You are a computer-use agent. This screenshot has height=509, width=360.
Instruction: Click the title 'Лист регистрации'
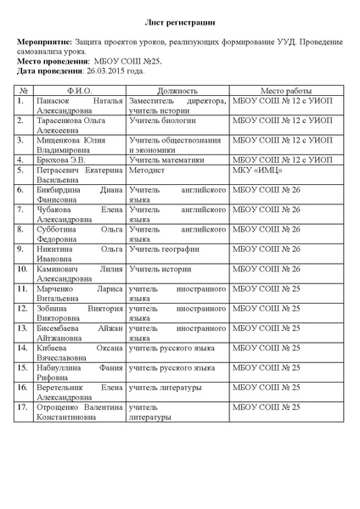[179, 23]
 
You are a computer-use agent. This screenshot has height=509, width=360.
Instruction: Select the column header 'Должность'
[177, 90]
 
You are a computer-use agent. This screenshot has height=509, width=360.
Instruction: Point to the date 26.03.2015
[103, 71]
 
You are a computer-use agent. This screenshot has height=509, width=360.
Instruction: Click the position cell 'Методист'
[145, 170]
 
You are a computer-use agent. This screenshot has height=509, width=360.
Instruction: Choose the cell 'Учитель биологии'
[160, 120]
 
